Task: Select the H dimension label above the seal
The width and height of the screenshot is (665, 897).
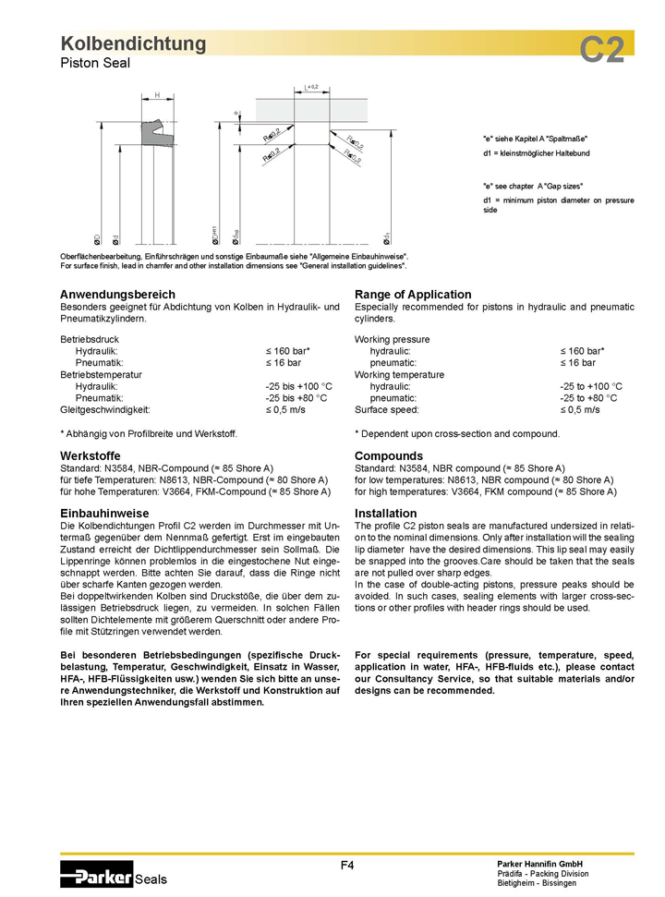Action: click(x=157, y=95)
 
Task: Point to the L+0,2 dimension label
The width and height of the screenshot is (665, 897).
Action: click(x=311, y=87)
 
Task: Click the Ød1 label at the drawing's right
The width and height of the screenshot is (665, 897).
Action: click(x=386, y=239)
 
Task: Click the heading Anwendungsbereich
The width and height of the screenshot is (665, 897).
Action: click(x=117, y=294)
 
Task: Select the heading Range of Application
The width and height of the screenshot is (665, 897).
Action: click(x=413, y=294)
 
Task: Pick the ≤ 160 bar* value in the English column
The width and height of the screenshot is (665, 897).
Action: click(x=582, y=352)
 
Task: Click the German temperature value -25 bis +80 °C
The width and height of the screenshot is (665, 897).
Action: click(x=298, y=397)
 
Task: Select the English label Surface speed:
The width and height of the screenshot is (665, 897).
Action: click(x=387, y=409)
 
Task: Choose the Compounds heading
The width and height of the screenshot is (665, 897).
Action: click(x=389, y=455)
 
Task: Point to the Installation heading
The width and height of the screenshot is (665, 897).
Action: click(x=385, y=513)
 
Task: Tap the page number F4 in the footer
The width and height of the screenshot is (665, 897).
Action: click(x=347, y=865)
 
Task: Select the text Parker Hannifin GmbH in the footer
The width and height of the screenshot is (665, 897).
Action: click(x=540, y=863)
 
